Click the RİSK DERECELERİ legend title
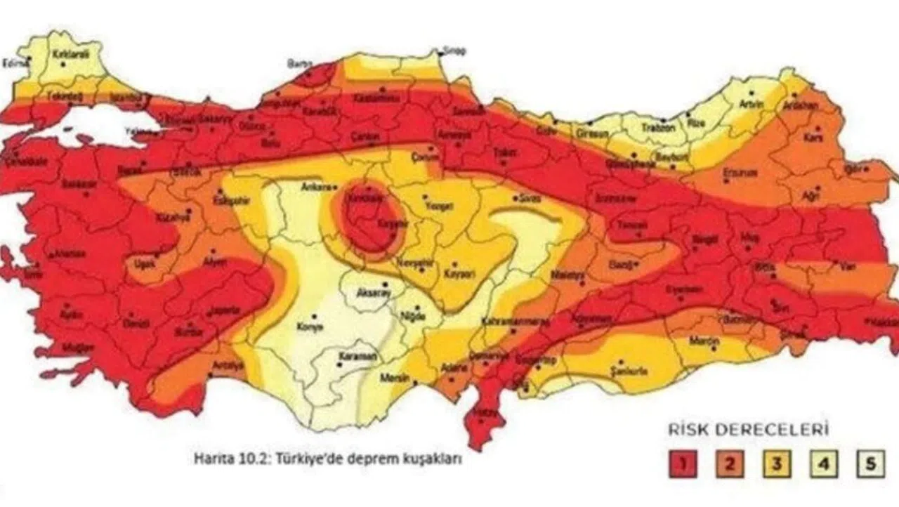coord(748,428)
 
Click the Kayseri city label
coord(457,272)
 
